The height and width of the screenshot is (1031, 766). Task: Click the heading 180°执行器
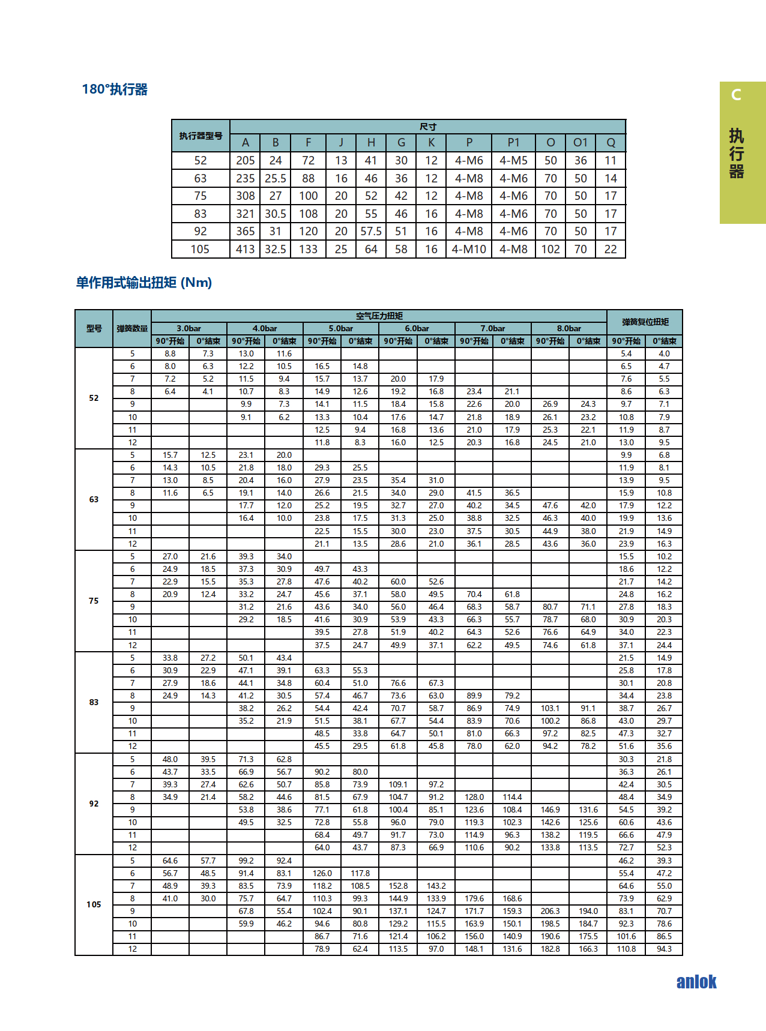(115, 89)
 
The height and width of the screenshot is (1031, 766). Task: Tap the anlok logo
(696, 982)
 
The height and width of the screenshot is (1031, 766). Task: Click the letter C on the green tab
(736, 95)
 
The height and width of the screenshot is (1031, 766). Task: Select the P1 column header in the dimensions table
(513, 142)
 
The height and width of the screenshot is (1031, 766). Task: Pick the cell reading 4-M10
(469, 249)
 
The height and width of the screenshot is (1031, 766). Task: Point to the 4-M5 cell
(513, 160)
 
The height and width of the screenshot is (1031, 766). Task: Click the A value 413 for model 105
(245, 249)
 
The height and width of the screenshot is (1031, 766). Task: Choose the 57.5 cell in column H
(371, 231)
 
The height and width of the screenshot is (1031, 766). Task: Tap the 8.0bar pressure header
(568, 328)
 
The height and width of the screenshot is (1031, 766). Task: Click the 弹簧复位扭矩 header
(645, 322)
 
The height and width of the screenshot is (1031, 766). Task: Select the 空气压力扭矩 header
(379, 316)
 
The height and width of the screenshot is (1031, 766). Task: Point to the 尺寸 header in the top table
(427, 127)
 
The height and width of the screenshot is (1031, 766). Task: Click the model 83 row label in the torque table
(94, 702)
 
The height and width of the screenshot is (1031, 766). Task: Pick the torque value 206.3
(550, 911)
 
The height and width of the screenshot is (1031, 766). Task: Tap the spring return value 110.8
(626, 949)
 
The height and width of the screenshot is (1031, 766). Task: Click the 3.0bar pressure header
(188, 328)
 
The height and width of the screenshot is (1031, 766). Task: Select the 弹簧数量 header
(132, 328)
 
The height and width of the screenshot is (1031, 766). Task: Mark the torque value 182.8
(550, 949)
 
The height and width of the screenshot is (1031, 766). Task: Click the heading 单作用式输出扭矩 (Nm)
(144, 283)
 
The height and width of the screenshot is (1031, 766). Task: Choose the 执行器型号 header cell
(201, 136)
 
